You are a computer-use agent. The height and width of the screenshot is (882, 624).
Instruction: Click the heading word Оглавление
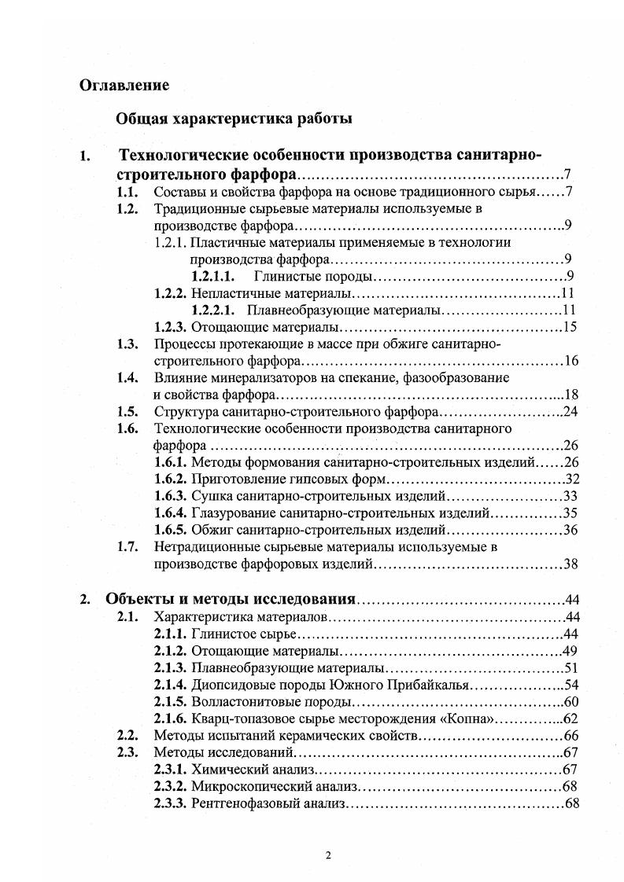[x=124, y=85]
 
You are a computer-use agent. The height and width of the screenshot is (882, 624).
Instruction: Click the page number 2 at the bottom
[x=328, y=856]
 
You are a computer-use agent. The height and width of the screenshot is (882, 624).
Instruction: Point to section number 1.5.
[x=127, y=411]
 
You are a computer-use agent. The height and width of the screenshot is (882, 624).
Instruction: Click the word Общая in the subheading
[x=138, y=119]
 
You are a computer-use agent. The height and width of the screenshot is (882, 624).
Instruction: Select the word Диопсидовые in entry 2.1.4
[x=230, y=685]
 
